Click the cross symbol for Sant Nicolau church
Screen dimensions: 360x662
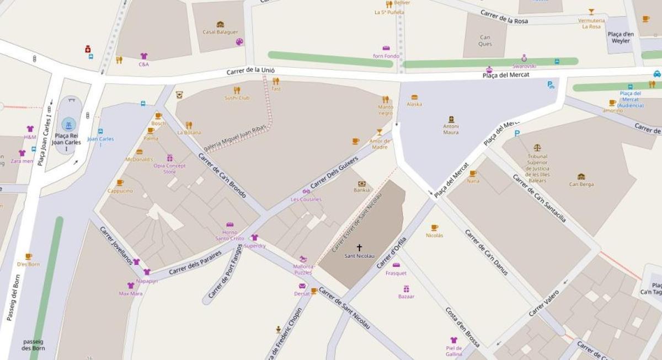pyautogui.click(x=359, y=248)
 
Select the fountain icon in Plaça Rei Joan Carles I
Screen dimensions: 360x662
pyautogui.click(x=68, y=124)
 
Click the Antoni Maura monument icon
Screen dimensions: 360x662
pyautogui.click(x=451, y=119)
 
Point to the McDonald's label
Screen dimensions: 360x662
pyautogui.click(x=139, y=159)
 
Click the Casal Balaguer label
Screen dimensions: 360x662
pyautogui.click(x=220, y=32)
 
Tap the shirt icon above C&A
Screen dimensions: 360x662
pyautogui.click(x=144, y=56)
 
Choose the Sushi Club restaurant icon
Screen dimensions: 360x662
pyautogui.click(x=237, y=90)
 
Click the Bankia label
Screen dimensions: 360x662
pyautogui.click(x=362, y=190)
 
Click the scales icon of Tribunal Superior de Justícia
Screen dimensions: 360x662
pyautogui.click(x=537, y=148)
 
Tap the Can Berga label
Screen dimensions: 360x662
pyautogui.click(x=581, y=184)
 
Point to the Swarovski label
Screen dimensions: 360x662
pyautogui.click(x=524, y=66)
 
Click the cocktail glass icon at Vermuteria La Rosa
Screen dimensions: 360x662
pyautogui.click(x=591, y=12)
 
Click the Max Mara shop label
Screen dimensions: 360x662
pyautogui.click(x=131, y=293)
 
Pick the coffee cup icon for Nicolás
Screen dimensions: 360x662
pyautogui.click(x=434, y=227)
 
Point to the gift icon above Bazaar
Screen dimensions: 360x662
pyautogui.click(x=406, y=288)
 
